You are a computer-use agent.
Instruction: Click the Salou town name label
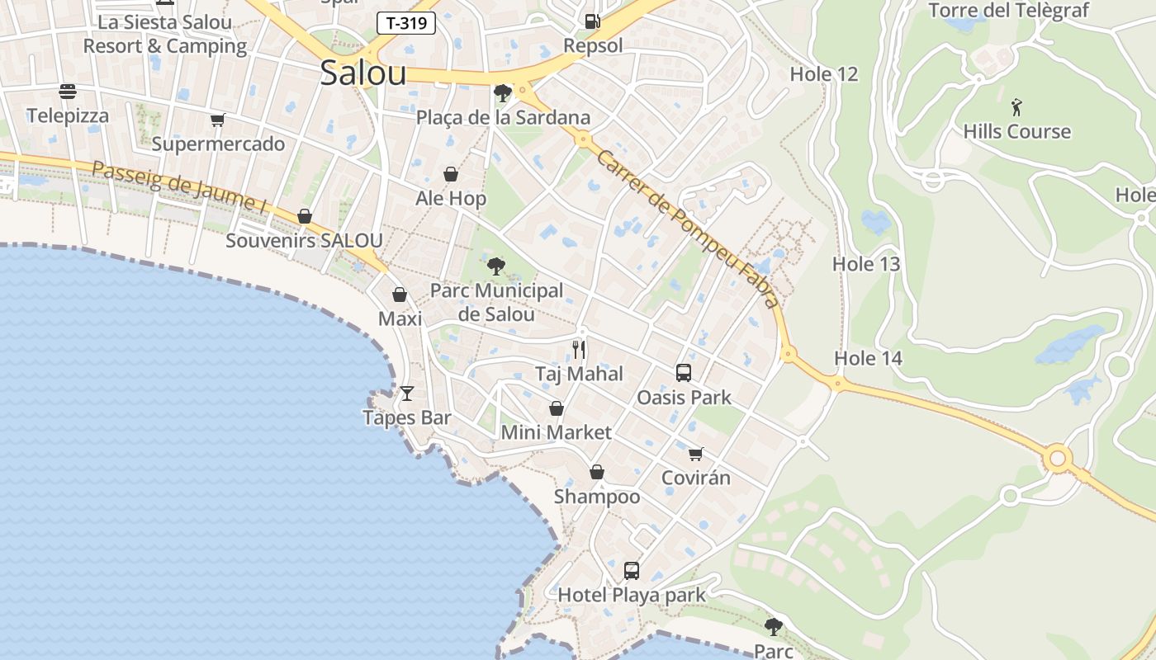click(x=363, y=73)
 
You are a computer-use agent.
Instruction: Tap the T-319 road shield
click(x=406, y=23)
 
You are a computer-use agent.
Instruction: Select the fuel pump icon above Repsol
click(x=592, y=21)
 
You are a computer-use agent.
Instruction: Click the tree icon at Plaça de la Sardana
click(x=502, y=93)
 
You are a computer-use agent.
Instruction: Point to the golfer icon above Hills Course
click(x=1016, y=107)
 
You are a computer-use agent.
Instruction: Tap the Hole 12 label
click(x=824, y=74)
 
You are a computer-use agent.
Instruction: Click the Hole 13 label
click(x=866, y=264)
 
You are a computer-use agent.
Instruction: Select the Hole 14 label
click(x=868, y=358)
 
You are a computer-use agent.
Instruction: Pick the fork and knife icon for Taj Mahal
click(x=579, y=350)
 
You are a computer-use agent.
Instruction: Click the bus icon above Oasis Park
click(x=684, y=373)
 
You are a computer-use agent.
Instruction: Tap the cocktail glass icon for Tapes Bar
click(x=406, y=394)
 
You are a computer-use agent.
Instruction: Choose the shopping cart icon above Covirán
click(x=696, y=454)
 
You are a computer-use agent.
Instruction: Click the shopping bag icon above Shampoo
click(x=597, y=472)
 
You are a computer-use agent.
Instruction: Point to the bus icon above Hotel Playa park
click(x=632, y=570)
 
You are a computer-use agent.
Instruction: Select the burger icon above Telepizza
click(x=68, y=92)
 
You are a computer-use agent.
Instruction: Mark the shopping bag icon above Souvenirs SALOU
click(x=305, y=216)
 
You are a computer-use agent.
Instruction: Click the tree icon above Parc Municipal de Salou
click(x=496, y=266)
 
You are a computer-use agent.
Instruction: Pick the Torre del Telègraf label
click(x=1008, y=11)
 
